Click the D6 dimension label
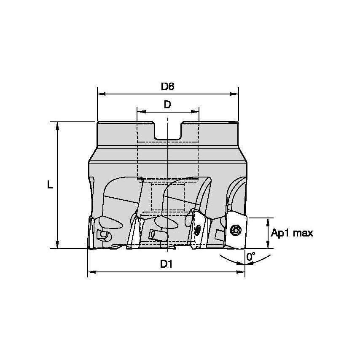click(167, 86)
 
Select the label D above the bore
click(167, 105)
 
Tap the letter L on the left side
click(50, 185)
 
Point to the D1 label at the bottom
click(166, 264)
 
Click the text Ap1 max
click(292, 233)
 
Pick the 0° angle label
click(251, 256)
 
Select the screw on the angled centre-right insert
click(197, 230)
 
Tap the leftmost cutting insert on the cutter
click(91, 232)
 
